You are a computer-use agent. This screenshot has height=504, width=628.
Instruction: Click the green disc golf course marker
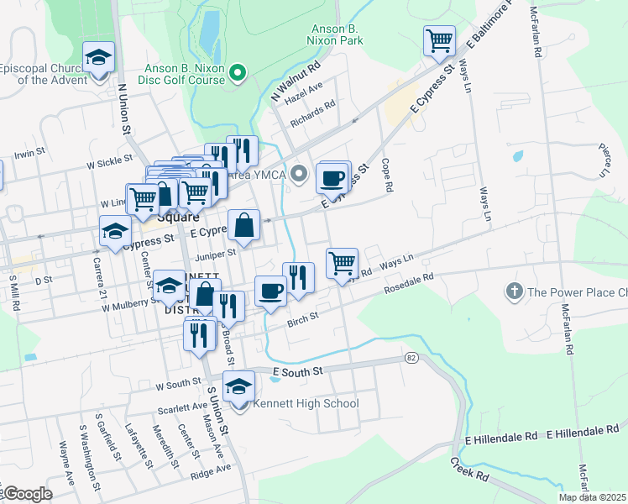[x=238, y=74]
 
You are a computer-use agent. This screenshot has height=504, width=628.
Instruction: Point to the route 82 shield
[x=411, y=357]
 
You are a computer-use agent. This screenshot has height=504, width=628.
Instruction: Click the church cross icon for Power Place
[x=513, y=292]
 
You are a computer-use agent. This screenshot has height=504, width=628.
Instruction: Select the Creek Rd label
[x=469, y=469]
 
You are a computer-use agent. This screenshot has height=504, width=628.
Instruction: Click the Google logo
[x=27, y=494]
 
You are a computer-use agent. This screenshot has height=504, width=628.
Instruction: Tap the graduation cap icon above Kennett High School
[x=239, y=387]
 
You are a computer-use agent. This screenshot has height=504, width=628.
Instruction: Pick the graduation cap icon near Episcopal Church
[x=99, y=59]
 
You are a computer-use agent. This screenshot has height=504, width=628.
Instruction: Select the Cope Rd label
[x=386, y=176]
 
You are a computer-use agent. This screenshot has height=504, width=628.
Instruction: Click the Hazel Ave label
[x=304, y=92]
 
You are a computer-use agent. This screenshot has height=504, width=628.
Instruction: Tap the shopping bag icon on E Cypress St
[x=243, y=225]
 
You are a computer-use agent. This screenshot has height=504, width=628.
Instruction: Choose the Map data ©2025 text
[x=592, y=497]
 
